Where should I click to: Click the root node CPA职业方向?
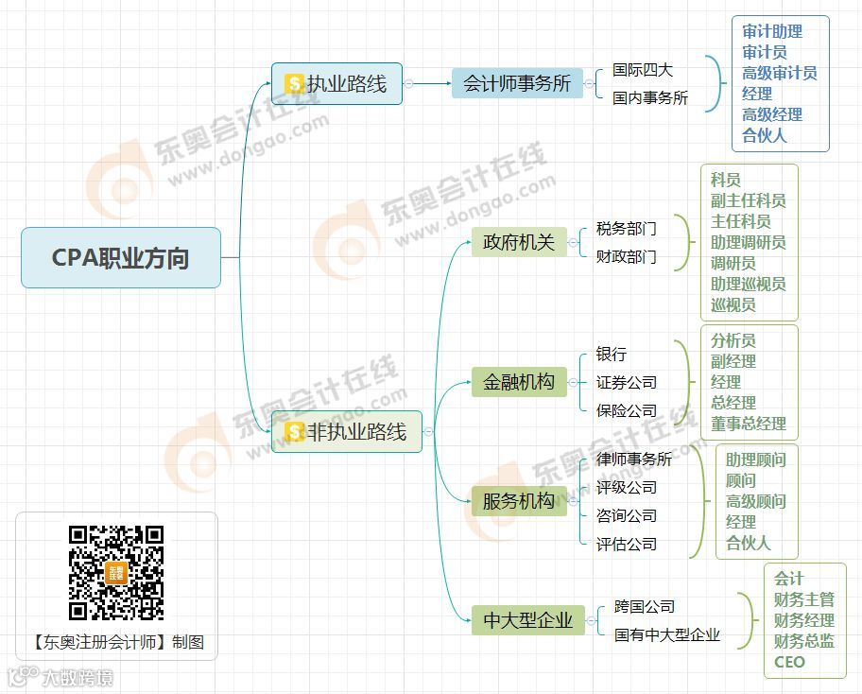point(120,257)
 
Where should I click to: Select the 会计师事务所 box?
point(517,83)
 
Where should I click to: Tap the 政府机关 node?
point(519,243)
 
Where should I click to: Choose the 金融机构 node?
point(519,382)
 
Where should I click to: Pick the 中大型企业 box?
point(528,620)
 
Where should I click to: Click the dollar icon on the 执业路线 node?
point(294,84)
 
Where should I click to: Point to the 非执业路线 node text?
point(356,432)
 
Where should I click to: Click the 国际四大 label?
point(643,70)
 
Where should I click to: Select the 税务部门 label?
point(626,229)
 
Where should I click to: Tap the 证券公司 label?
point(626,383)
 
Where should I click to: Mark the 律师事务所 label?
point(634,460)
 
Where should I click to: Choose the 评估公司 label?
point(626,544)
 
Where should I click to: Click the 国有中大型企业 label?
point(666,634)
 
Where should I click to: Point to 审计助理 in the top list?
point(772,31)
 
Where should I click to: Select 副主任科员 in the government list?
point(748,200)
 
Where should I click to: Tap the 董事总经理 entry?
point(748,424)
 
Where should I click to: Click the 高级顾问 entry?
point(755,501)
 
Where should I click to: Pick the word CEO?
point(789,662)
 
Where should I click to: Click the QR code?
point(116,573)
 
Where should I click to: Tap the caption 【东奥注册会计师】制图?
point(117,642)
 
